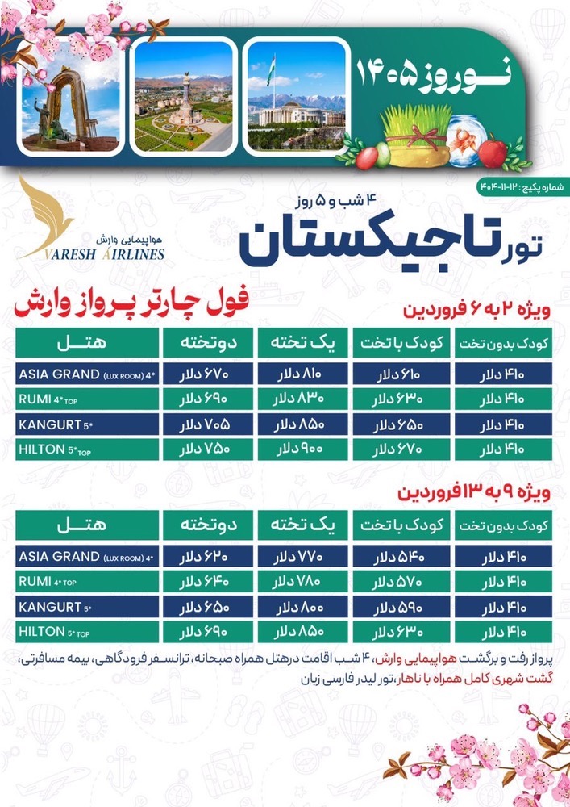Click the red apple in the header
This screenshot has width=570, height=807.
tap(492, 150)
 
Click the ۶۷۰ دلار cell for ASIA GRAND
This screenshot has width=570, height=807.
tap(209, 374)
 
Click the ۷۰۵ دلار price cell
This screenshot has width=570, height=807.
tap(209, 424)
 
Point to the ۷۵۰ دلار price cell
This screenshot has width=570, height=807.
tap(209, 449)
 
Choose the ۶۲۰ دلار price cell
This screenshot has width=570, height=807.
tap(209, 557)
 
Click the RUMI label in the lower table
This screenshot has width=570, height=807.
tap(35, 581)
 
